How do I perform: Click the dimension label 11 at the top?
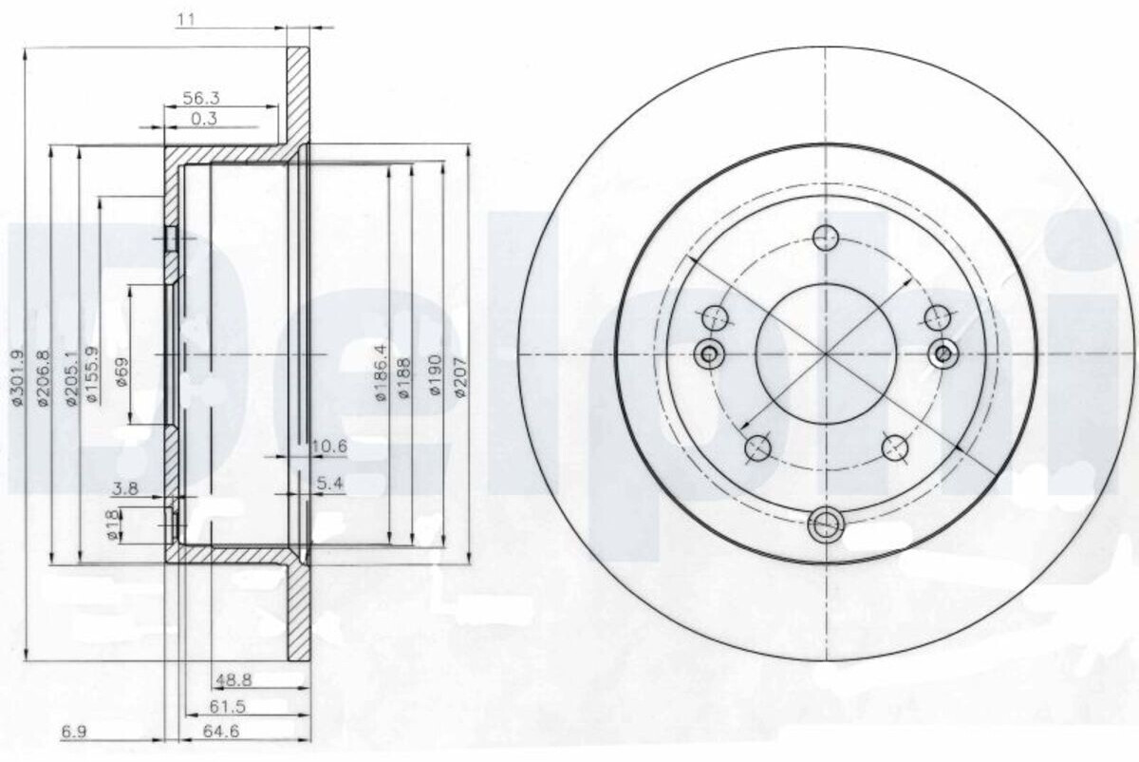tap(186, 20)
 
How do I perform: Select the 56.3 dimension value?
tap(201, 98)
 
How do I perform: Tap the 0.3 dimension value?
tap(204, 119)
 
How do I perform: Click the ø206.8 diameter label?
tap(44, 377)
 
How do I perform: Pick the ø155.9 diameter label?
tap(94, 374)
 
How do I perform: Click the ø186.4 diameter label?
tap(381, 372)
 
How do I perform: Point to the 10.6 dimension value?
tap(329, 447)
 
